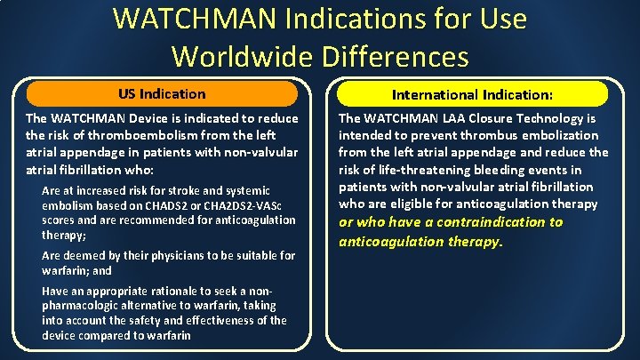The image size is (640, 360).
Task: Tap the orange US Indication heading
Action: tap(162, 93)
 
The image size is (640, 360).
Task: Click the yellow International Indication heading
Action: tap(467, 94)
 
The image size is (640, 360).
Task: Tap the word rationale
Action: tap(164, 291)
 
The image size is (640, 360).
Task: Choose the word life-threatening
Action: tap(412, 170)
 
